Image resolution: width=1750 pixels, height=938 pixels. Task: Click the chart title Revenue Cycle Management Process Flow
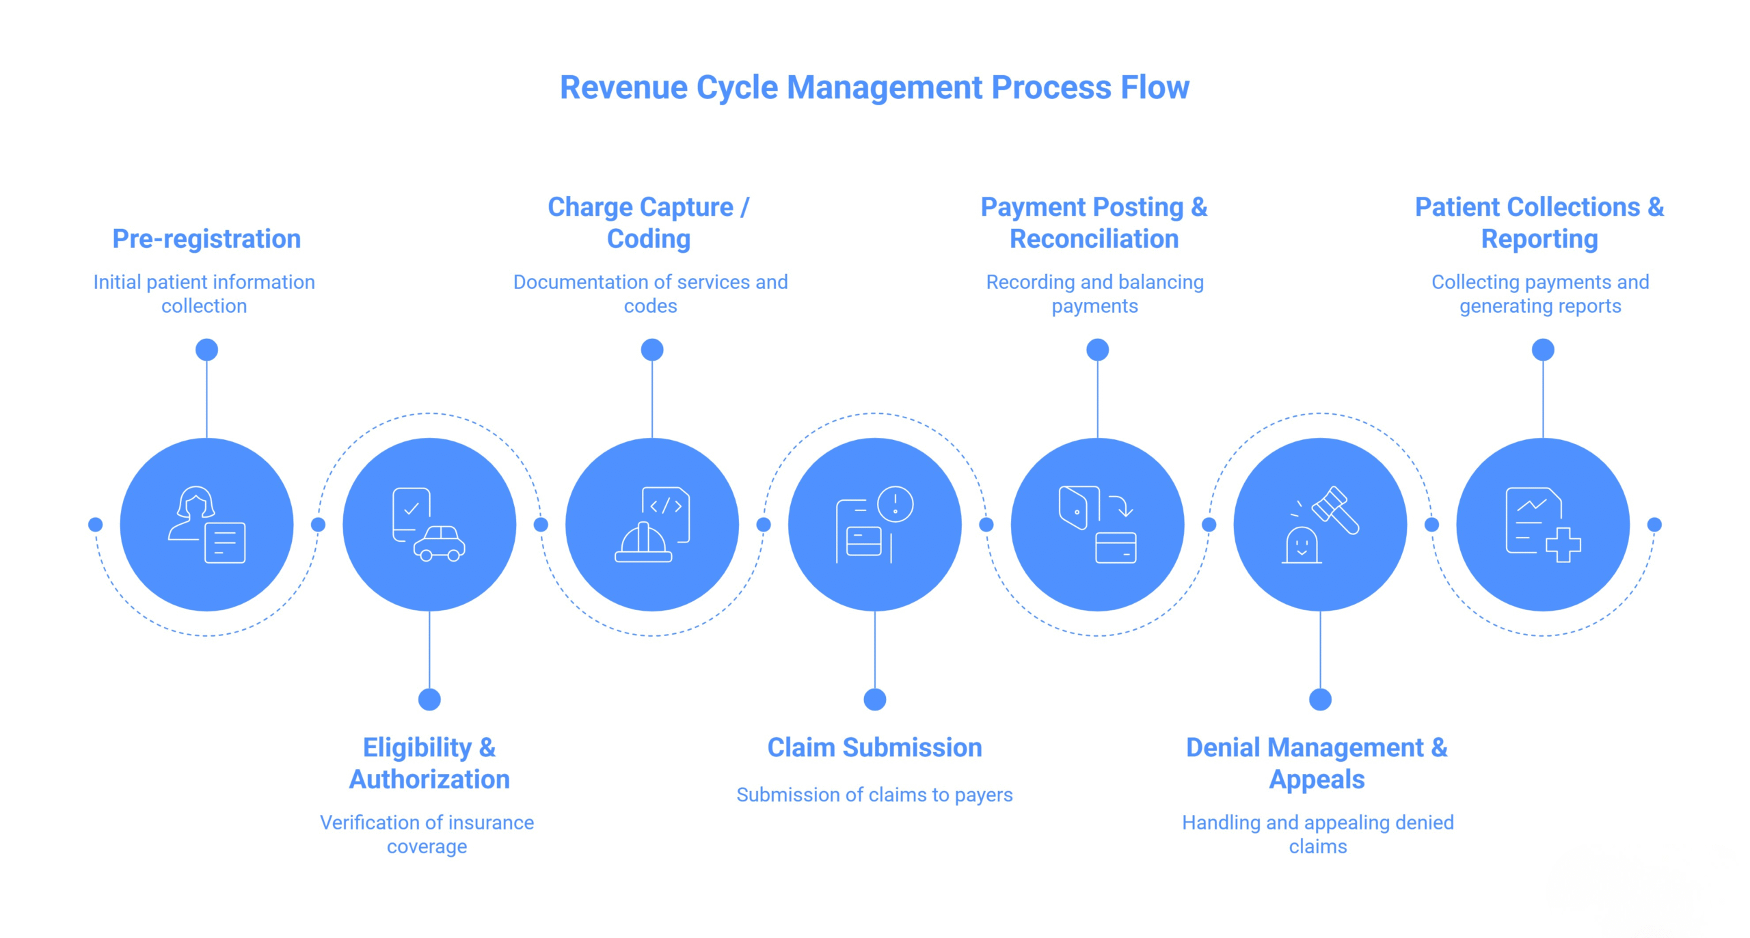pyautogui.click(x=874, y=87)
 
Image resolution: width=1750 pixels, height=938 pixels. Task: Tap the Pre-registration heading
pyautogui.click(x=206, y=239)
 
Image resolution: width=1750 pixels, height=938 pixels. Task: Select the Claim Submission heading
pyautogui.click(x=874, y=747)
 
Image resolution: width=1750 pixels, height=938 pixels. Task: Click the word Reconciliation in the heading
pyautogui.click(x=1094, y=239)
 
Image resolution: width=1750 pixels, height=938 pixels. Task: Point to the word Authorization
pyautogui.click(x=429, y=780)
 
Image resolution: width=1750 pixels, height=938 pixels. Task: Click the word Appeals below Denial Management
pyautogui.click(x=1317, y=780)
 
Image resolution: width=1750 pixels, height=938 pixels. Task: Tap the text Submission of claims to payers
pyautogui.click(x=874, y=795)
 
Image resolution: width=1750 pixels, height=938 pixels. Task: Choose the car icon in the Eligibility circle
pyautogui.click(x=440, y=544)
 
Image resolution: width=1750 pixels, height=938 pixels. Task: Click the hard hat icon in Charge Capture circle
pyautogui.click(x=643, y=543)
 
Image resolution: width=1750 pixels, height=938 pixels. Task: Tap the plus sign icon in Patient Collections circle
pyautogui.click(x=1563, y=544)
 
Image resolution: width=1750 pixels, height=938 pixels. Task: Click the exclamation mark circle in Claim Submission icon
pyautogui.click(x=895, y=504)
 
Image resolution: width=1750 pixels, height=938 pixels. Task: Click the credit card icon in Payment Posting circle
pyautogui.click(x=1116, y=548)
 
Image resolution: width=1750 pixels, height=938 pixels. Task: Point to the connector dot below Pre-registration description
pyautogui.click(x=206, y=350)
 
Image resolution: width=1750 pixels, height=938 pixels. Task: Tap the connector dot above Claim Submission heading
pyautogui.click(x=874, y=699)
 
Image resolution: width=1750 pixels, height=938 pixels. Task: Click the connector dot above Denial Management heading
pyautogui.click(x=1320, y=699)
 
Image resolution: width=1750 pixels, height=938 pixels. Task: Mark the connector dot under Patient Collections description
pyautogui.click(x=1542, y=350)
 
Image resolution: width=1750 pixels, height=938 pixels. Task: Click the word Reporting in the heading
pyautogui.click(x=1539, y=239)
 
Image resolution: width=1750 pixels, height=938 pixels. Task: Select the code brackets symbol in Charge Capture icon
pyautogui.click(x=666, y=506)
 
